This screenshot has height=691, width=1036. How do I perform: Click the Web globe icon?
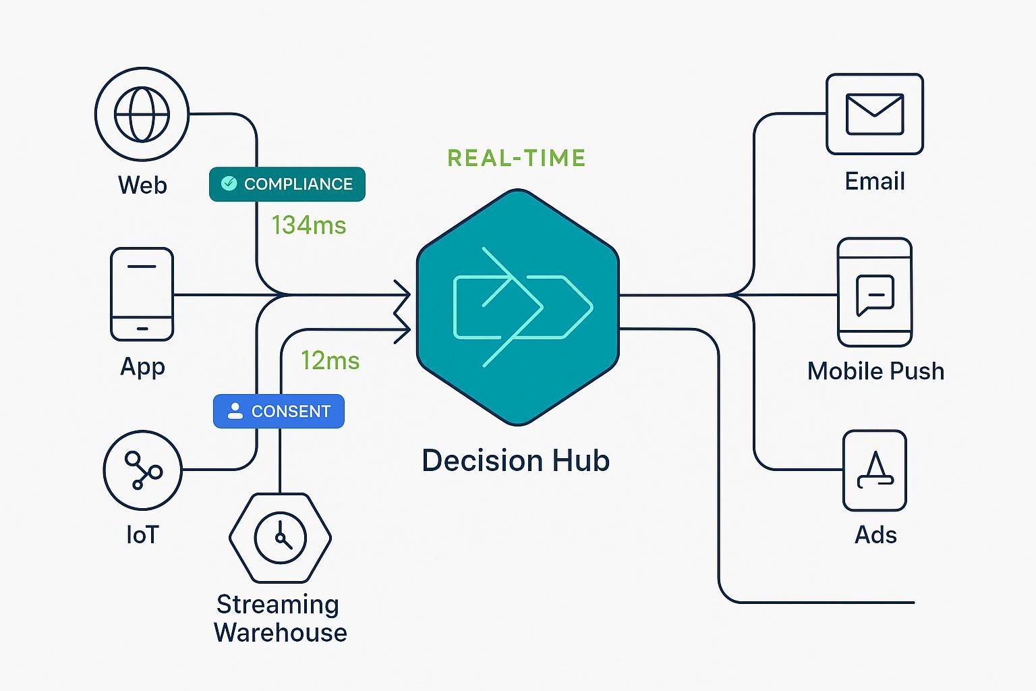click(x=142, y=114)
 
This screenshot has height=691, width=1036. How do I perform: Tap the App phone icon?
click(x=142, y=294)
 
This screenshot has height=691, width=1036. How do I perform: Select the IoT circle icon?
click(x=142, y=470)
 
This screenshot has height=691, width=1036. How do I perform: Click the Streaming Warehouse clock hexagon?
click(x=280, y=538)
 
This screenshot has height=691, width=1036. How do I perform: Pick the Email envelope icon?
click(x=874, y=114)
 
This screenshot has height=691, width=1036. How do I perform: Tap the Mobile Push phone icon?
click(x=874, y=292)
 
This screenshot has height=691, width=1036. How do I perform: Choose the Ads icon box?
click(x=874, y=470)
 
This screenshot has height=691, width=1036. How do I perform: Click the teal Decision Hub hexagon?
click(x=517, y=307)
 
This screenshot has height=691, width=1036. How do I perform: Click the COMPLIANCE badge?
click(x=287, y=184)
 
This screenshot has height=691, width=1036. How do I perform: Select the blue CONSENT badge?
click(x=279, y=411)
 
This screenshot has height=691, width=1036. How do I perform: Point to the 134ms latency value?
click(x=309, y=225)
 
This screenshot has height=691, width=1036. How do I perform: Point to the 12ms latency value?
click(x=330, y=360)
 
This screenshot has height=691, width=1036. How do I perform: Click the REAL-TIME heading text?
click(x=517, y=158)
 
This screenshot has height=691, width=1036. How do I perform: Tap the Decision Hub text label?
click(x=516, y=461)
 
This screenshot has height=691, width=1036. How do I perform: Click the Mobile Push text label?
click(x=875, y=371)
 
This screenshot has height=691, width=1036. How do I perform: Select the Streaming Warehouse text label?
click(x=280, y=619)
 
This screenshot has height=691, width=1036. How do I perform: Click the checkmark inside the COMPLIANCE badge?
click(x=229, y=184)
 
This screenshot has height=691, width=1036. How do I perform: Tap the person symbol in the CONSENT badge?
click(x=235, y=411)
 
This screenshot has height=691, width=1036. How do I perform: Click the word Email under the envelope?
click(x=875, y=182)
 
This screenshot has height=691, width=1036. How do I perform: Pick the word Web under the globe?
click(x=142, y=185)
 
